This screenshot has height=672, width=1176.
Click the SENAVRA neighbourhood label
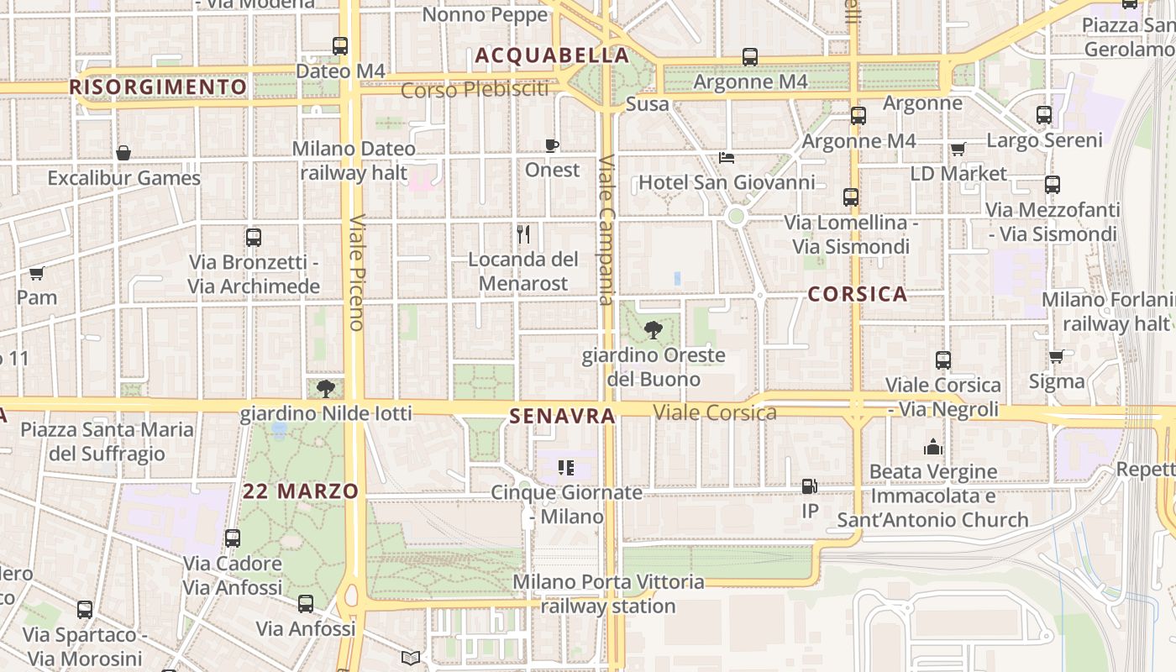click(562, 416)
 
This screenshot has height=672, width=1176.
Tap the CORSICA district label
click(857, 294)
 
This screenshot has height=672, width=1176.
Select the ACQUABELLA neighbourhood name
click(552, 55)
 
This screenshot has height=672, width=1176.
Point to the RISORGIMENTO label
click(158, 87)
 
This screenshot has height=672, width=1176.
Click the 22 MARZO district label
click(301, 491)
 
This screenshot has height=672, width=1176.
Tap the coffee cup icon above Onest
click(552, 145)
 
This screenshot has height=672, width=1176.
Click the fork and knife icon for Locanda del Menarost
click(523, 234)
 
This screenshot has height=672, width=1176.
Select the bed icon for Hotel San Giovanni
click(727, 158)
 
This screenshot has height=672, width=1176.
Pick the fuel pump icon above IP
click(809, 486)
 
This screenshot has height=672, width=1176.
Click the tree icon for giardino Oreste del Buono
click(653, 330)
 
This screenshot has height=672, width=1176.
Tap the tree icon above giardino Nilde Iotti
click(326, 388)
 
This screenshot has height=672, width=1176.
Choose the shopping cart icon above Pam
click(36, 273)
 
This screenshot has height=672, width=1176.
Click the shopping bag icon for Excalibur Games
click(123, 153)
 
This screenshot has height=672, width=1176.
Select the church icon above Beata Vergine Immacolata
click(933, 447)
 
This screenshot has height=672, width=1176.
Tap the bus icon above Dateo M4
click(340, 46)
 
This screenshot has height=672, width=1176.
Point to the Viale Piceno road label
click(356, 272)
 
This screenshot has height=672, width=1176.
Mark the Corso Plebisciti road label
click(475, 89)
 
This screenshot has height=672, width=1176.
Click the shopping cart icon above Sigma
click(1056, 357)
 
